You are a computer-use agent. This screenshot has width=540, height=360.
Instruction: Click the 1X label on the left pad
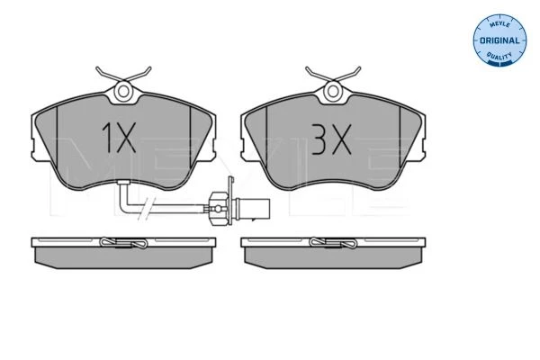[x=119, y=138]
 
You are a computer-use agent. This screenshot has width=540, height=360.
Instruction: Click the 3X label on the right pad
[x=331, y=139]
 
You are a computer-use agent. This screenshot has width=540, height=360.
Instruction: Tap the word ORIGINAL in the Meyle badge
[x=499, y=40]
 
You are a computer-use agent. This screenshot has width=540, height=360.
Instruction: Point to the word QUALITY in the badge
[x=499, y=55]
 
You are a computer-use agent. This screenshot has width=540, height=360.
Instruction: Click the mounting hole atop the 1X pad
[x=123, y=92]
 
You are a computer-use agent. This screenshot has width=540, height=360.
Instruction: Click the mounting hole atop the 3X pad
[x=333, y=91]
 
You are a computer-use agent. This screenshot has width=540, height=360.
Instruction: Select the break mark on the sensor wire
[x=148, y=209]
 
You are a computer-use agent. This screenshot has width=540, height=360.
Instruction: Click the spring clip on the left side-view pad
[x=123, y=242]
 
